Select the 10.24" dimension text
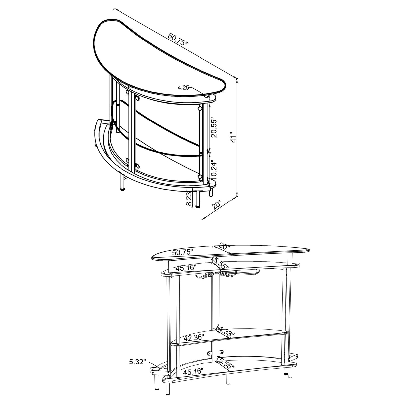(x=214, y=170)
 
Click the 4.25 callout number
(x=183, y=88)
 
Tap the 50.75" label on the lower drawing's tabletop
(x=183, y=252)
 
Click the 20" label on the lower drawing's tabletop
(x=224, y=247)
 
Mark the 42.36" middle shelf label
(x=193, y=338)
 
